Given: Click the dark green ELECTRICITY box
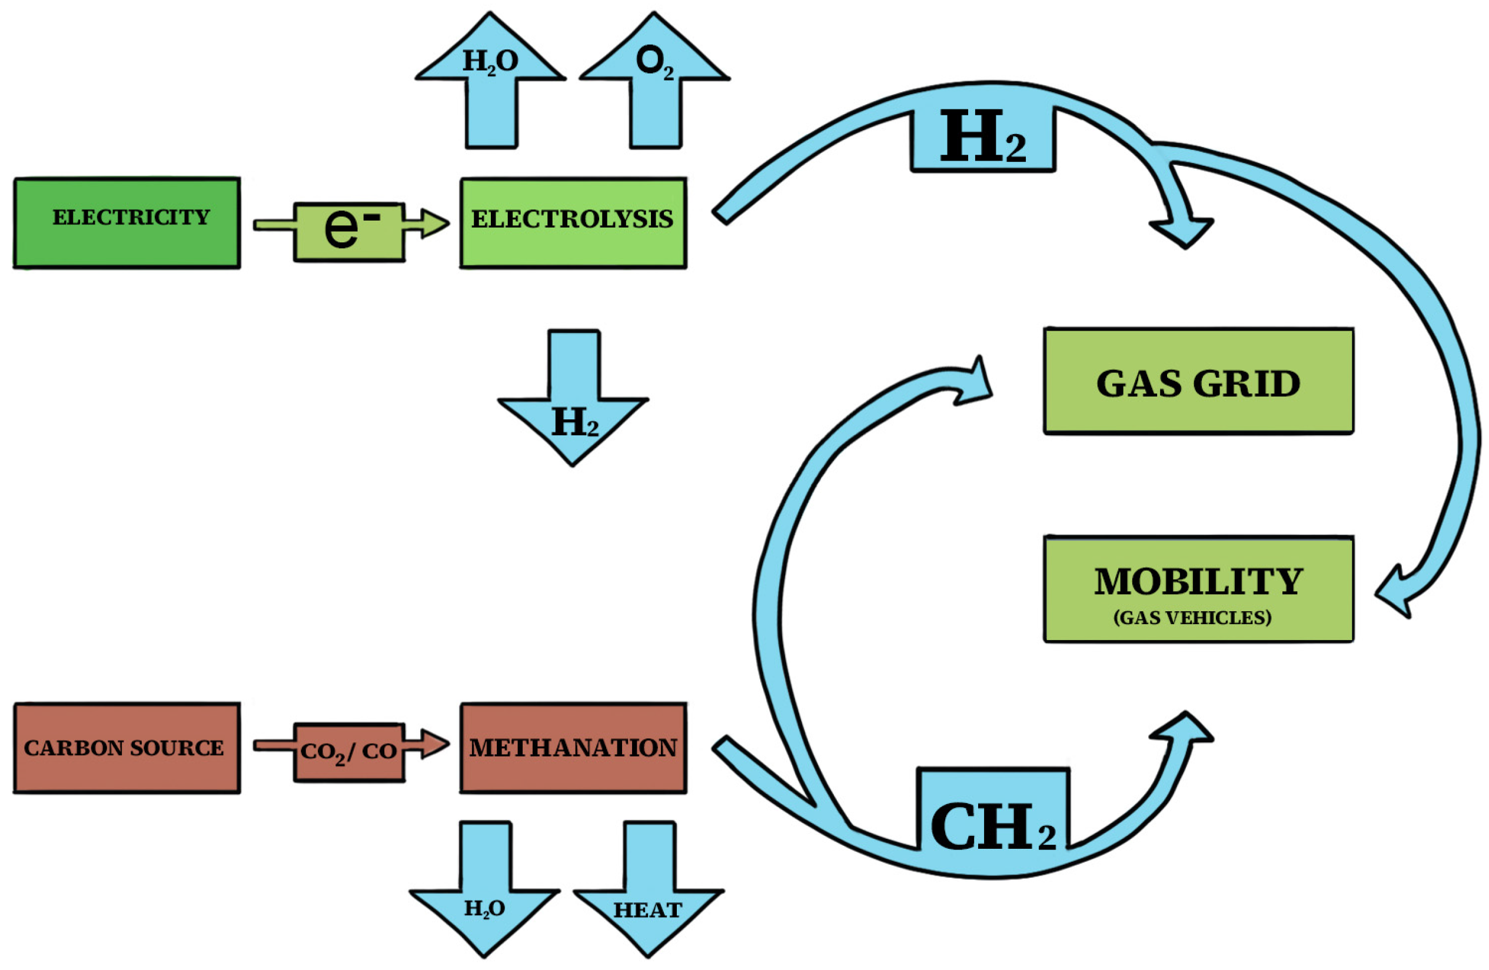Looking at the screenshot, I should coord(127,224).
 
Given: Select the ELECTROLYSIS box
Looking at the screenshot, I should coord(573,224).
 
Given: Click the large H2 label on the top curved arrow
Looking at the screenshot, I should coord(983,138).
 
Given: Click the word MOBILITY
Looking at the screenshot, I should coord(1198,581).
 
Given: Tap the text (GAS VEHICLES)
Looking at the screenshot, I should coord(1192,618).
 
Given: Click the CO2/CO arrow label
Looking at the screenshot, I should coord(349,751).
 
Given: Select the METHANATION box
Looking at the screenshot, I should coord(573,748).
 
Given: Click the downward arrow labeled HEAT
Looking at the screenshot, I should coord(649,901).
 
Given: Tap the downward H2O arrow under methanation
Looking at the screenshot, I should coord(485,901).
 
